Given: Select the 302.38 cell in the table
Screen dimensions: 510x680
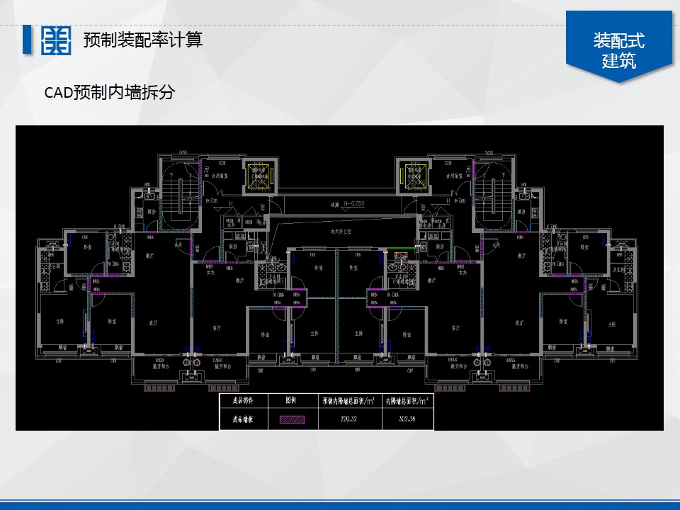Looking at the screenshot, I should pos(407,419).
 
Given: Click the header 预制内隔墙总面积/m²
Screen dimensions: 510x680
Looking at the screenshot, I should pos(351,400).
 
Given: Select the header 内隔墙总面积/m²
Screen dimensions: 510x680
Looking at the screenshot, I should pos(407,400).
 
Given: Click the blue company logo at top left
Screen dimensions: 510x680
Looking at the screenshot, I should pos(56,40).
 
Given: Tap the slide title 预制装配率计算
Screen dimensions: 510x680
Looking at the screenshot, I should pos(142,40).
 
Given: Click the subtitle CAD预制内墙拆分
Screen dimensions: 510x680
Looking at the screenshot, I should pos(110,92).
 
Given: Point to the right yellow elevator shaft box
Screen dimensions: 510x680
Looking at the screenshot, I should pos(414,176).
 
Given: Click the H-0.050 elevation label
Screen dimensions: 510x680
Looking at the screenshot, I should pos(352,205).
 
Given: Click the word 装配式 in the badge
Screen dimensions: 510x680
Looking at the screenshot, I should pos(619,40).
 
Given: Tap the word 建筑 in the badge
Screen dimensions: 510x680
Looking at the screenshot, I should pos(619,61).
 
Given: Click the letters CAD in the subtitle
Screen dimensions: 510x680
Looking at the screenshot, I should pos(58,93).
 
